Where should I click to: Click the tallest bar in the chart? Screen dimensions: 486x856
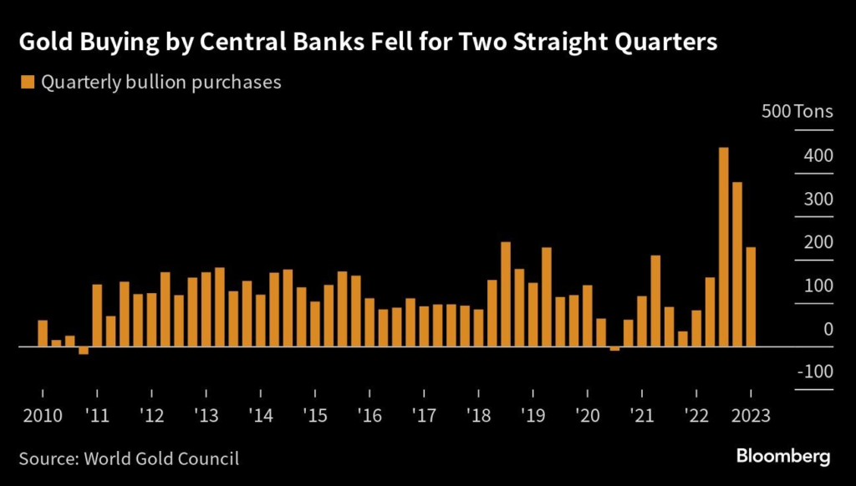tap(724, 246)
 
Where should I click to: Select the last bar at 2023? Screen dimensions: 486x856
tap(751, 296)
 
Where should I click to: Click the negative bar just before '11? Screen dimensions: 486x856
tap(84, 350)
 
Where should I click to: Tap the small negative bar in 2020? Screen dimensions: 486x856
tap(614, 348)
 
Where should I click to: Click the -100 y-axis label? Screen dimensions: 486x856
tap(814, 372)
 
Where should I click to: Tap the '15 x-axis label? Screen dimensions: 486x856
tap(315, 414)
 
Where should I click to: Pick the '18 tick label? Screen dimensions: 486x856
tap(479, 414)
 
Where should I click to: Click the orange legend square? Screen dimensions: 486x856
tap(26, 82)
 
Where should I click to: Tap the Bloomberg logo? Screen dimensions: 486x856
tap(783, 456)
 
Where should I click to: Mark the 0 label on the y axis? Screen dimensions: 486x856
tap(828, 329)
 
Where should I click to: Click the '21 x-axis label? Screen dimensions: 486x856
tap(642, 414)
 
